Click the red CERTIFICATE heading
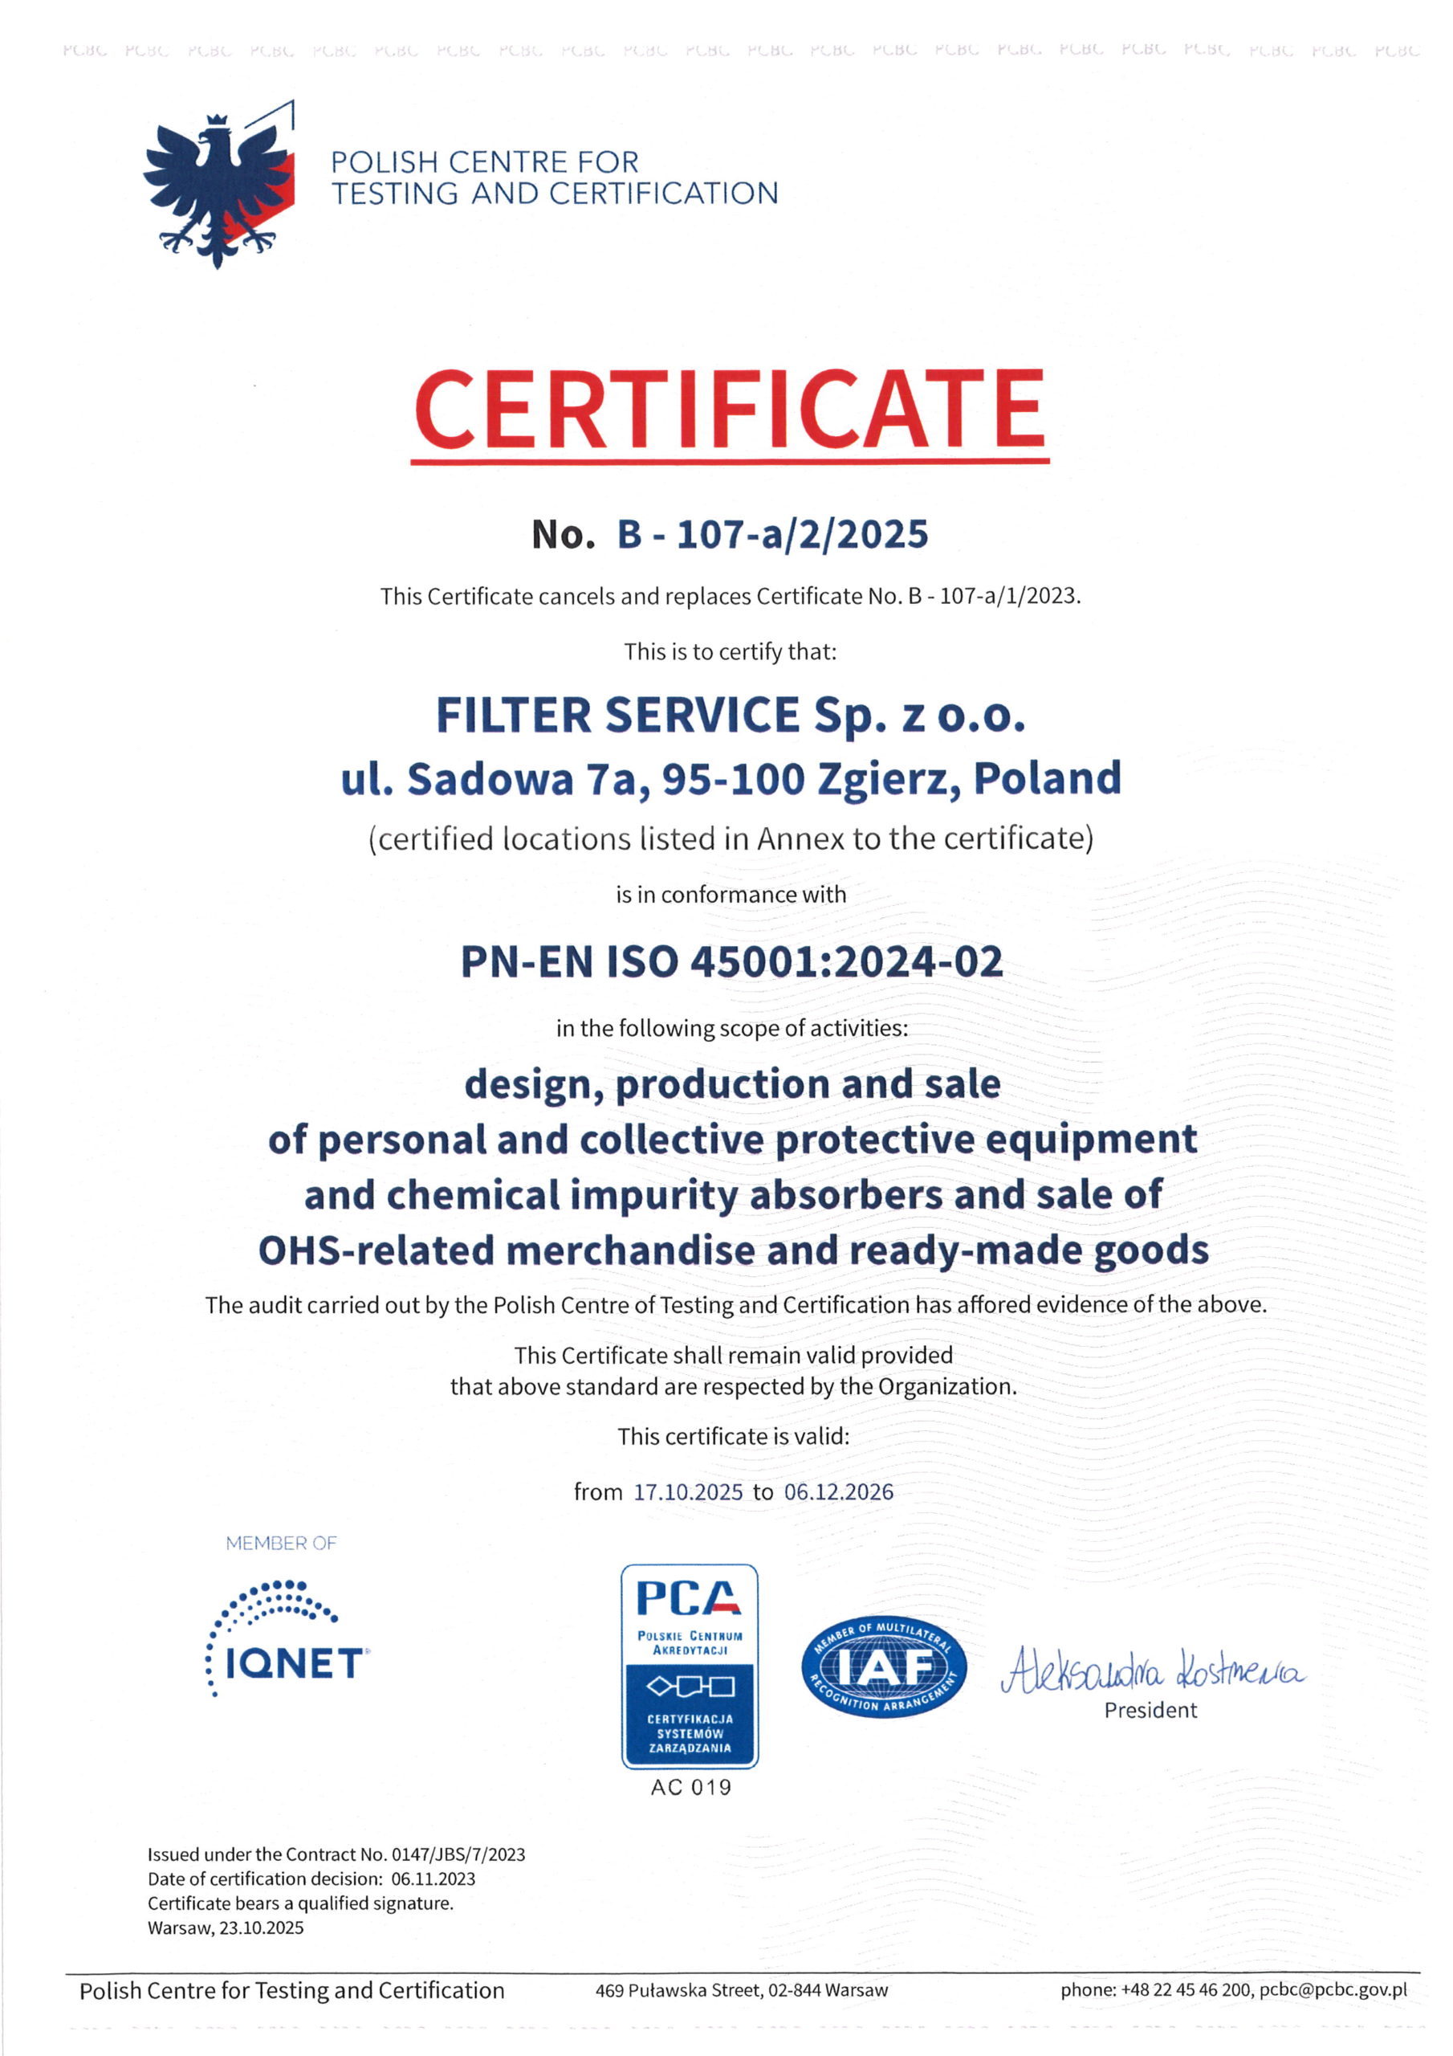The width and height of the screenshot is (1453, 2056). (729, 410)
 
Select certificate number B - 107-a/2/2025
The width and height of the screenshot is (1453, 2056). (772, 535)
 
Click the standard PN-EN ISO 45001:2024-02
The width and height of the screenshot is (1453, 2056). (731, 961)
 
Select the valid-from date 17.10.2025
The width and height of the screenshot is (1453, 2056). (687, 1492)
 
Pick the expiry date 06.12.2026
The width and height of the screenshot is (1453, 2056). (838, 1492)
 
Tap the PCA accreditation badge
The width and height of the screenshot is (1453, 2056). (690, 1666)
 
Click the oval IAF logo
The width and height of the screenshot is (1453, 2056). (884, 1666)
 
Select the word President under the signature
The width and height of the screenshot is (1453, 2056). (1150, 1711)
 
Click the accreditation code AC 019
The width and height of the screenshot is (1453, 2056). (690, 1788)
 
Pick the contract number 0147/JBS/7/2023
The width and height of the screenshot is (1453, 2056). (458, 1854)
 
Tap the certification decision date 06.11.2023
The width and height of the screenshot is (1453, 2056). (433, 1879)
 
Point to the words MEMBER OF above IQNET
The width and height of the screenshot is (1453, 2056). (281, 1543)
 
